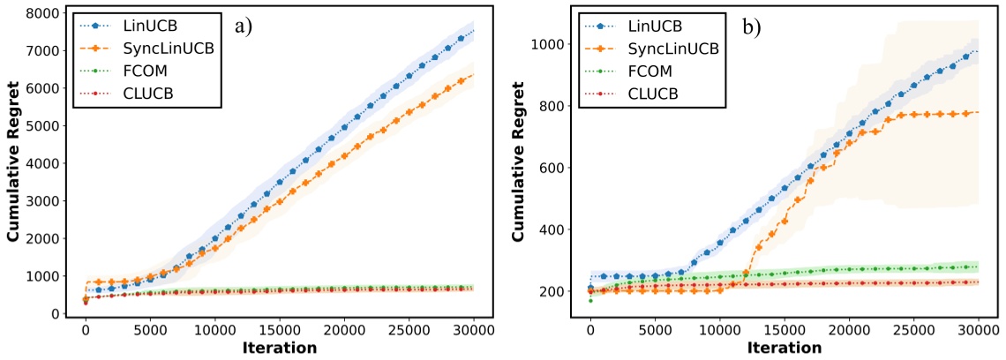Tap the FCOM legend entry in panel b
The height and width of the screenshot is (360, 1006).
tap(649, 69)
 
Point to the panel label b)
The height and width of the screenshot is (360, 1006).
tap(752, 27)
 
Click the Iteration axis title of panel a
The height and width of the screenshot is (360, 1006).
tap(279, 349)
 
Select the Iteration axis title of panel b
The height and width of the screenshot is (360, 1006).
tap(785, 349)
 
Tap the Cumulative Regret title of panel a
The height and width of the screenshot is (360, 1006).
tap(13, 165)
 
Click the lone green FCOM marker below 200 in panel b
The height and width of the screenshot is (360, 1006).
tap(590, 301)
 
